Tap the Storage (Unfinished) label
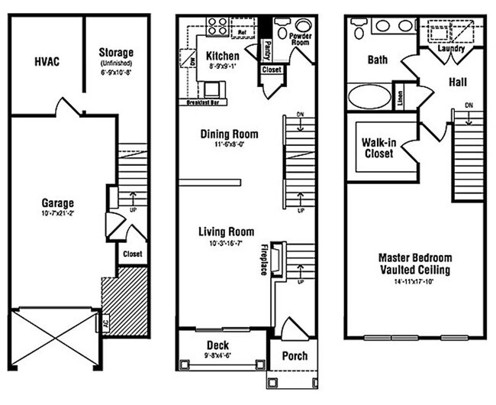pyautogui.click(x=117, y=52)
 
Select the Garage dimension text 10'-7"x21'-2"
pyautogui.click(x=58, y=214)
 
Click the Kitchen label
pyautogui.click(x=222, y=56)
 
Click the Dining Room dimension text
pyautogui.click(x=229, y=144)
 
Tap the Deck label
pyautogui.click(x=217, y=345)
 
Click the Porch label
pyautogui.click(x=295, y=356)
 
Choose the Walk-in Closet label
pyautogui.click(x=378, y=147)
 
